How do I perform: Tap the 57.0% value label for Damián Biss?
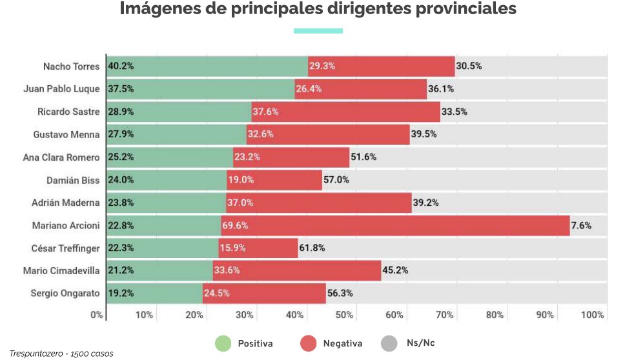click(x=336, y=180)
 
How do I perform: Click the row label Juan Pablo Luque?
click(x=62, y=89)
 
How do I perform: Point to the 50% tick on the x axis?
click(x=344, y=315)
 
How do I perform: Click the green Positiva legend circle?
click(x=223, y=343)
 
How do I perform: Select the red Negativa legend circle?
click(x=309, y=343)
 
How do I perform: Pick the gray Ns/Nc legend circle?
click(x=389, y=343)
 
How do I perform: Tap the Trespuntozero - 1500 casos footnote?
click(x=61, y=354)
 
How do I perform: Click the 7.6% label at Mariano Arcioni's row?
click(x=581, y=225)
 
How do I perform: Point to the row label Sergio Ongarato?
click(x=65, y=293)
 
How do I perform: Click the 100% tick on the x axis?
click(x=593, y=315)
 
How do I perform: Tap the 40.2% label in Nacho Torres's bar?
click(x=121, y=66)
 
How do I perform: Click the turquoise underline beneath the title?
click(x=318, y=30)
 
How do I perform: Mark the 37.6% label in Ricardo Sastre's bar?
click(x=265, y=112)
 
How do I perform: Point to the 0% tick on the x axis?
click(x=97, y=315)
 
